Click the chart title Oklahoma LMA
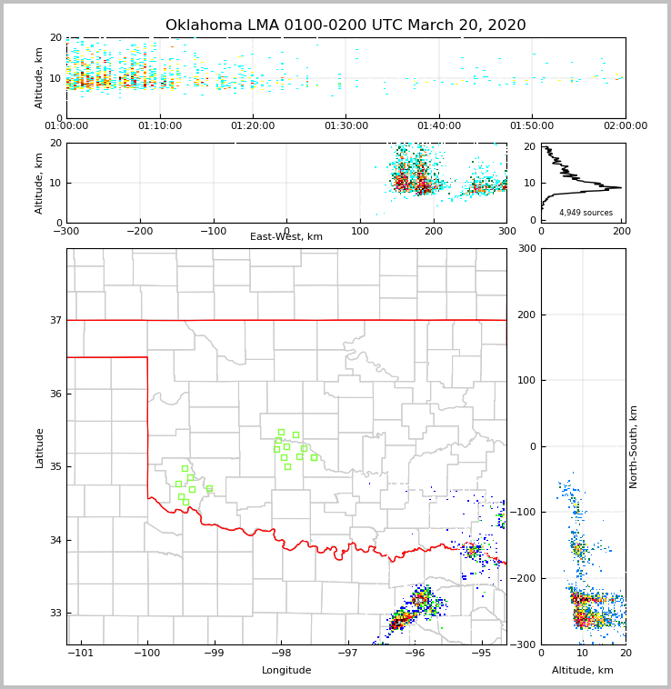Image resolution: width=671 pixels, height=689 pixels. coord(346,25)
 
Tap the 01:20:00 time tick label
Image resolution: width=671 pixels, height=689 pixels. coord(253,125)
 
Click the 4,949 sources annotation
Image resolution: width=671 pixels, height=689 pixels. coord(586,213)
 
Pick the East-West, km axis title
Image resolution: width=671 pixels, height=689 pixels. coord(286,237)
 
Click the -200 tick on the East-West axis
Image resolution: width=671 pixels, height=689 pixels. coord(139,231)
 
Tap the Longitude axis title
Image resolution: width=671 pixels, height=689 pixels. coord(286,671)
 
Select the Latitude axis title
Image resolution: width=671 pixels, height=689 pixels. coord(39,447)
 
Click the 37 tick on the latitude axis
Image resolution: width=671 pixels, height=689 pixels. coord(55,320)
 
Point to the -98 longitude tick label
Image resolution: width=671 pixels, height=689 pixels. coord(281,653)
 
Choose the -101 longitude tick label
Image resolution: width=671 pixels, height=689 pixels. coord(81,653)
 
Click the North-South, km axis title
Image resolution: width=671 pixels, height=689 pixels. coord(634,446)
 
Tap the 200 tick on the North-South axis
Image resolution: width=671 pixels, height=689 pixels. coord(525,315)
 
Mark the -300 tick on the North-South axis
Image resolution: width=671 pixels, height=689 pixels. coord(522,644)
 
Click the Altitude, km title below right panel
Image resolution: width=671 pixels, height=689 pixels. coord(583,671)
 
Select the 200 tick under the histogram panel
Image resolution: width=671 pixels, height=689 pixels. coord(621,231)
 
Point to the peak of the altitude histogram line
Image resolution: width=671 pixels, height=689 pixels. coord(621,187)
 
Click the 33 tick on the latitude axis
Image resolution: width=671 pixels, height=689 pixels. coord(55,613)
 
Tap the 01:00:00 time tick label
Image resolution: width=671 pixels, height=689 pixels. coord(66,125)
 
